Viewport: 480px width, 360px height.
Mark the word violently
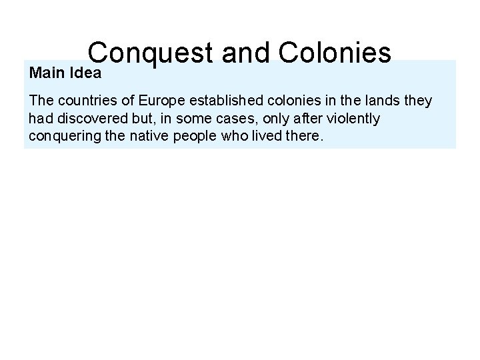(347, 119)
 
